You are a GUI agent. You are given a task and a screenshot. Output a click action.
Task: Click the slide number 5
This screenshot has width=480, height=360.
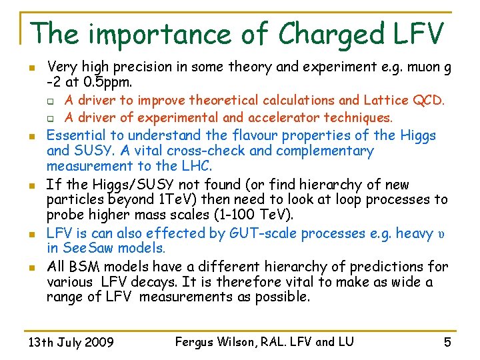[x=447, y=343]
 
